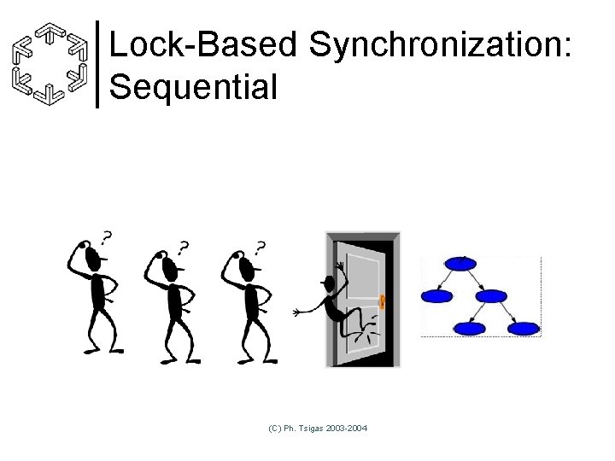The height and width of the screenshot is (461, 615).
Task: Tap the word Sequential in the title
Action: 194,86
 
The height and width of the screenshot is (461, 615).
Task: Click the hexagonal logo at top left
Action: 52,63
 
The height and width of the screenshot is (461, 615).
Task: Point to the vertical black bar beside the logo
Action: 98,64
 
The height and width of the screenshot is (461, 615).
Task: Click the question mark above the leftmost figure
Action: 106,236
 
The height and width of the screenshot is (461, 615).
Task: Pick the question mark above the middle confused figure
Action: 183,248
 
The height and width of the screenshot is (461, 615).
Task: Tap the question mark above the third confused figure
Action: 260,248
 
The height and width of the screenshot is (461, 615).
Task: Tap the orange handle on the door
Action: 383,301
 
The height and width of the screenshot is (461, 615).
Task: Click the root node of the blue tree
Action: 460,264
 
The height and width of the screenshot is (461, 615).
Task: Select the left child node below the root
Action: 436,296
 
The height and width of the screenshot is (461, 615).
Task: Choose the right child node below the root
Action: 491,296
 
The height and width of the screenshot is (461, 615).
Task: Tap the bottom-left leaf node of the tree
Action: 470,328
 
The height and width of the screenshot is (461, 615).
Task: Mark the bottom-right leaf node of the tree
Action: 524,328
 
